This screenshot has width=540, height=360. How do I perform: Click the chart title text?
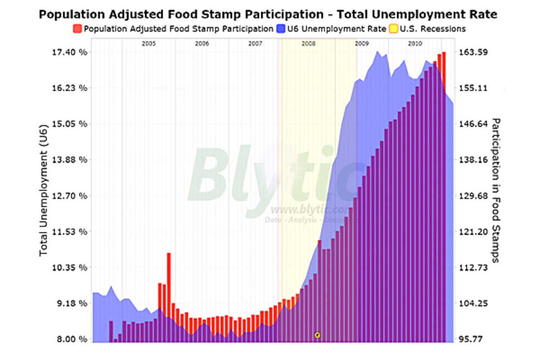(x=268, y=14)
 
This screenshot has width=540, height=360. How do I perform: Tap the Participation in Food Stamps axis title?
(x=496, y=190)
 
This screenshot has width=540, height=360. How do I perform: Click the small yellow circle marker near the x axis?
(x=317, y=335)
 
